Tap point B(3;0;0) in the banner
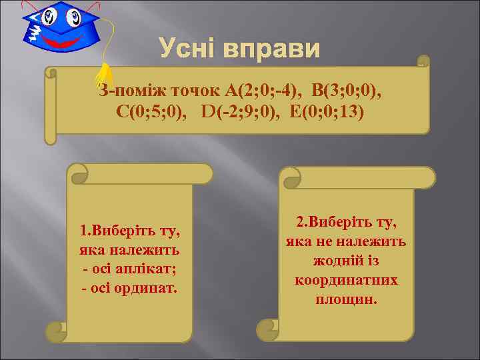click(x=347, y=90)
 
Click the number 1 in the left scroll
click(x=83, y=233)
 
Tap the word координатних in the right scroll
click(x=346, y=280)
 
